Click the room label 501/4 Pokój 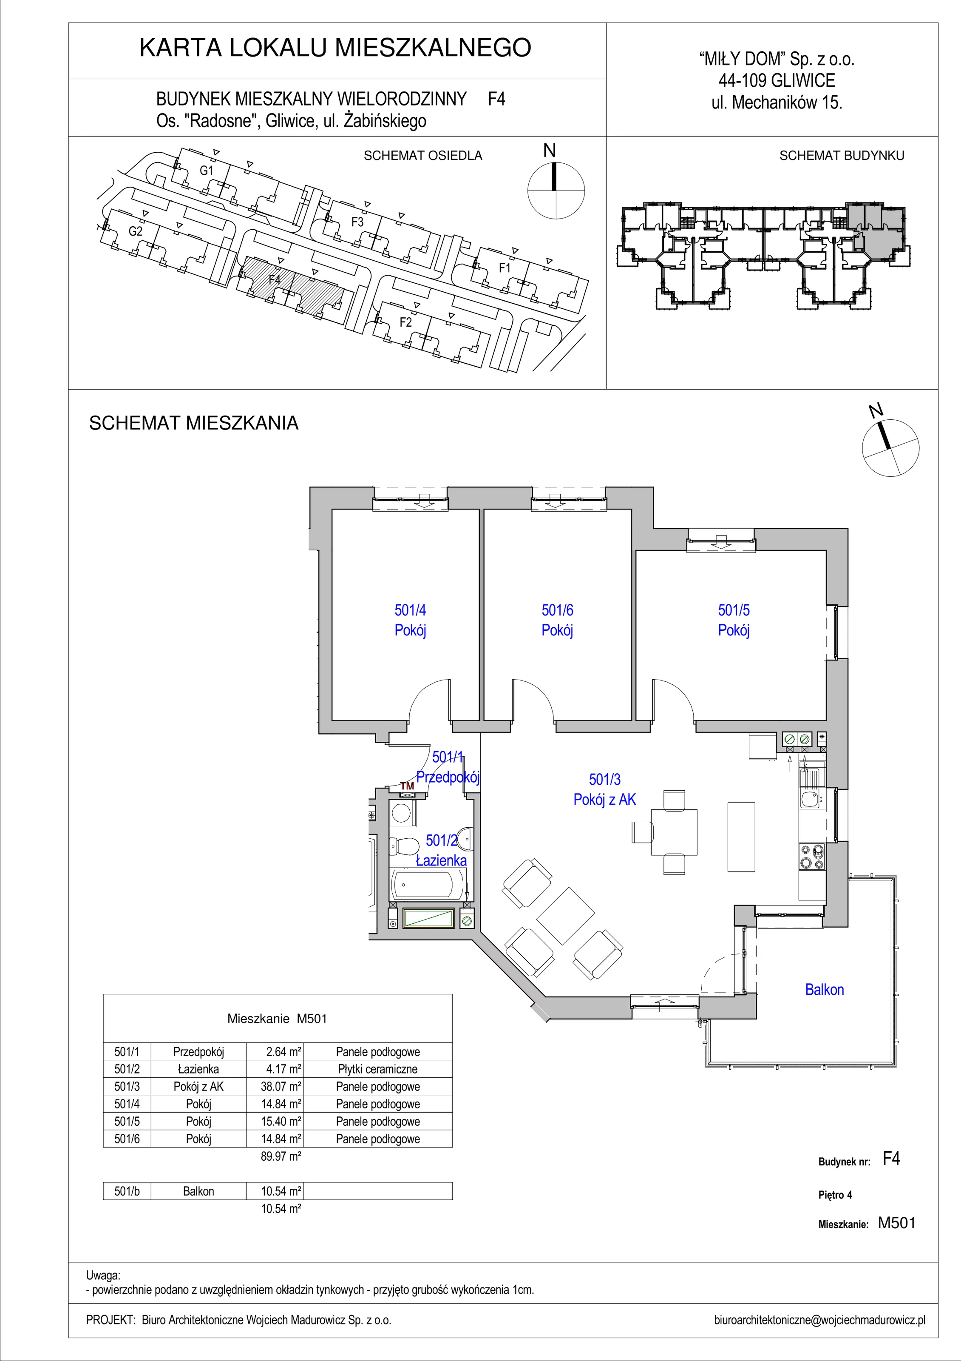pyautogui.click(x=410, y=619)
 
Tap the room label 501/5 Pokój pyautogui.click(x=734, y=619)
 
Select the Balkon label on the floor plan pyautogui.click(x=824, y=989)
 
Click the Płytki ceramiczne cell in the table pyautogui.click(x=377, y=1069)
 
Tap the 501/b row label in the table pyautogui.click(x=127, y=1191)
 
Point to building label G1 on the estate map pyautogui.click(x=206, y=171)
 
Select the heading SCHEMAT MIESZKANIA pyautogui.click(x=194, y=423)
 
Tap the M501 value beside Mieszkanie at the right pyautogui.click(x=896, y=1223)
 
